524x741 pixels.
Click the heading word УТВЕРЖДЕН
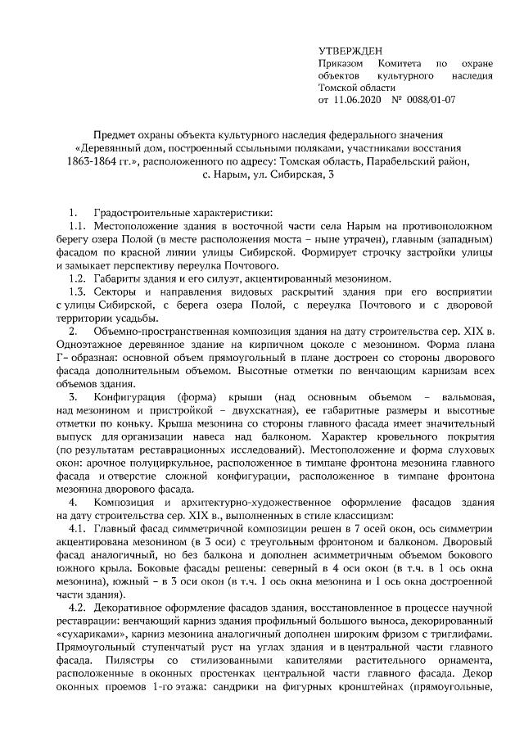pyautogui.click(x=350, y=50)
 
